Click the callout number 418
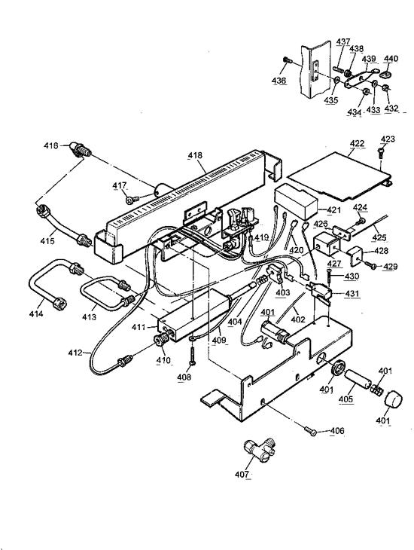coord(195,156)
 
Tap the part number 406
coord(336,431)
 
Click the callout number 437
coord(342,41)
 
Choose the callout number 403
coord(282,292)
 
